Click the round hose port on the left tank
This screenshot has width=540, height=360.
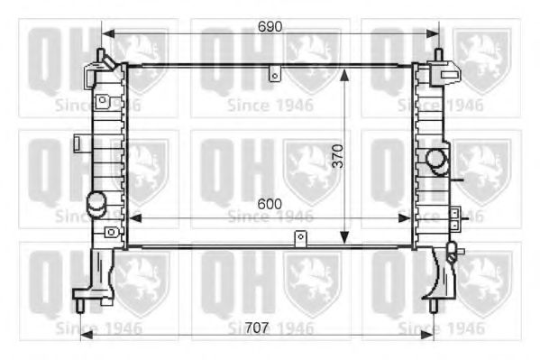point(96,201)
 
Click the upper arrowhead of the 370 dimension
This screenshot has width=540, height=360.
point(343,71)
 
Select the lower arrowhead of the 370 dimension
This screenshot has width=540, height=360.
point(343,239)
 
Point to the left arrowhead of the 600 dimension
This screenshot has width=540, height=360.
point(133,217)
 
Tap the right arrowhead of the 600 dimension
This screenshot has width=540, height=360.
point(407,217)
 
